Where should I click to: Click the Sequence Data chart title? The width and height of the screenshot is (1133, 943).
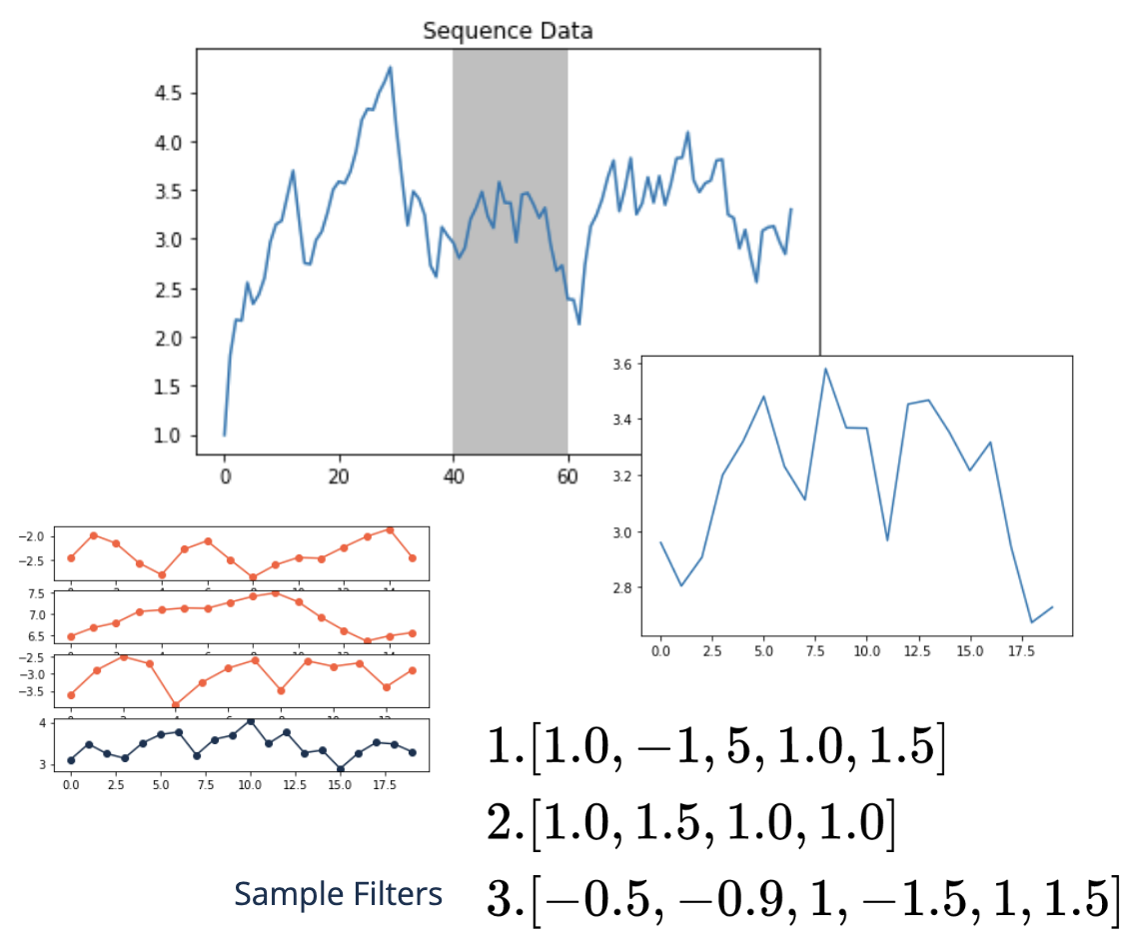click(508, 31)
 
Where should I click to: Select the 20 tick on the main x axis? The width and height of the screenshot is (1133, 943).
click(339, 476)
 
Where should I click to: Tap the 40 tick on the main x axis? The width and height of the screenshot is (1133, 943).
click(453, 476)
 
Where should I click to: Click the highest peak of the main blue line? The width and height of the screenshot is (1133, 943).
click(390, 67)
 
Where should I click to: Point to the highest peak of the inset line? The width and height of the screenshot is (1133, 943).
click(826, 369)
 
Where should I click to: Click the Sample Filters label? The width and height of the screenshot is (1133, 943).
click(338, 894)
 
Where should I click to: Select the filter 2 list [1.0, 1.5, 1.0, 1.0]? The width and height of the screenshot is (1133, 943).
click(689, 823)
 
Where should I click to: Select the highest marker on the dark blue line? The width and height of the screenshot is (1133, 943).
click(250, 721)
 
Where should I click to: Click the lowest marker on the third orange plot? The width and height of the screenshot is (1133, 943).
click(176, 705)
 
